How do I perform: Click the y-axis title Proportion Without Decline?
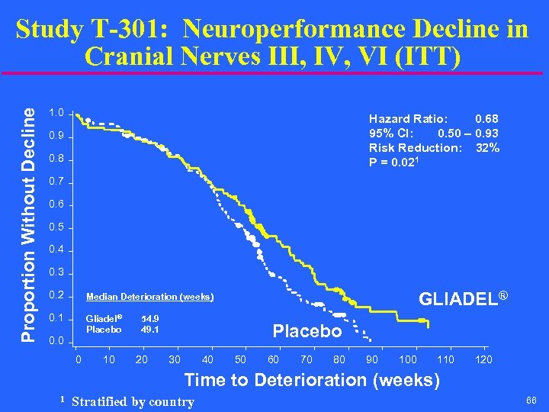click(28, 224)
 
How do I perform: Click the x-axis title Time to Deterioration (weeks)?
click(312, 380)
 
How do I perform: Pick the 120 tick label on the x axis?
click(483, 359)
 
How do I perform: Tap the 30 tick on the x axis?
click(175, 359)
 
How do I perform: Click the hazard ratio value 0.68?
click(486, 119)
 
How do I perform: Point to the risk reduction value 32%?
click(487, 148)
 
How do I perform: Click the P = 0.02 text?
click(397, 162)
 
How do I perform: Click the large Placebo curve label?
click(307, 332)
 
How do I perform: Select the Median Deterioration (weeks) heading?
click(150, 297)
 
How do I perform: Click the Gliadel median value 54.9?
click(151, 318)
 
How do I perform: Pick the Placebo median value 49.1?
click(151, 330)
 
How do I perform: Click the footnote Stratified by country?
click(132, 401)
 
